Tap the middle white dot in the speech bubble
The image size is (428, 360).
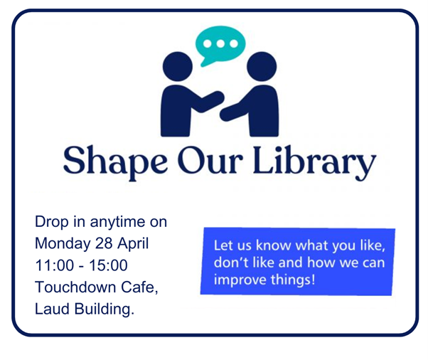coord(220,43)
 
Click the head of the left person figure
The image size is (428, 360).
coord(178,66)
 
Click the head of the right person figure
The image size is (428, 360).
coord(262,66)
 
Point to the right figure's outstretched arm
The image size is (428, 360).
coord(235,110)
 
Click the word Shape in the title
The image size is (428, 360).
coord(115,162)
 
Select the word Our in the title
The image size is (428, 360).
coord(210,161)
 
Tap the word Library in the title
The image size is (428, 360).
coord(315,163)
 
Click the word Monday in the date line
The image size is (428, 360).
coord(63,244)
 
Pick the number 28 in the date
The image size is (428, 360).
coord(104,243)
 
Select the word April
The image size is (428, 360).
coord(133,244)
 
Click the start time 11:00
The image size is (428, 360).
coord(55,265)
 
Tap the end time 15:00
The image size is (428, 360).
coord(108,265)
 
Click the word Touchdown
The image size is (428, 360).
coord(75,287)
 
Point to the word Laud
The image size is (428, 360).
coord(52,309)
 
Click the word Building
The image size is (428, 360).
coord(105,309)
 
